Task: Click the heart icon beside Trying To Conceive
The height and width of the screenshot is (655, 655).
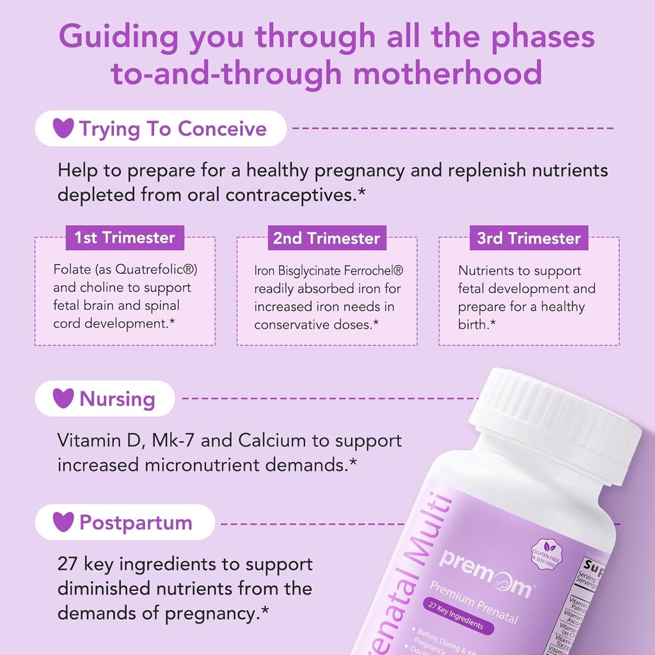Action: (x=63, y=129)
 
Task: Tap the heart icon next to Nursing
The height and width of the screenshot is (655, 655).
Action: (x=63, y=399)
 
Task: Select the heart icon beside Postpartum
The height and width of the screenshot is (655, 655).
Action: (x=63, y=522)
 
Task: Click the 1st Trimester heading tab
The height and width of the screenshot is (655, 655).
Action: (x=125, y=238)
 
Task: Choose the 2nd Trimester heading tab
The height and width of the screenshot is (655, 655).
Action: (x=327, y=239)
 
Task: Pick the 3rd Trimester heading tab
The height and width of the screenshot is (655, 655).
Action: (x=529, y=239)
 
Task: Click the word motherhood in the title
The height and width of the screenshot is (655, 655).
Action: (x=448, y=74)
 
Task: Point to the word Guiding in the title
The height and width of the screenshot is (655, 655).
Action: (x=119, y=37)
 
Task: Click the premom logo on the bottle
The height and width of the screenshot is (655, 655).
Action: (x=484, y=572)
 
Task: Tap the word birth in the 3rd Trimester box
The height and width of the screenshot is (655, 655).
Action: (x=472, y=324)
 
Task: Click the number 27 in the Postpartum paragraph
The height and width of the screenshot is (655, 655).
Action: (x=68, y=564)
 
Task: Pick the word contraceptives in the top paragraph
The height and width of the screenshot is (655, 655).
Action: (x=285, y=194)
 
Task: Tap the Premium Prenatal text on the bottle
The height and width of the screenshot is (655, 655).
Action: (x=474, y=601)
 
